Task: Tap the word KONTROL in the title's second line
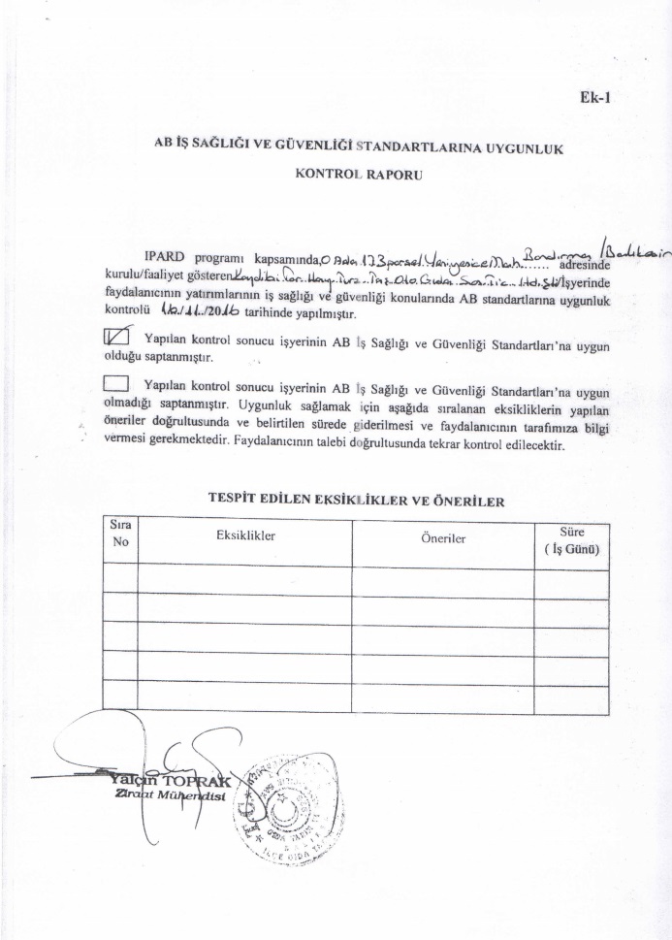pos(324,178)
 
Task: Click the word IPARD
pos(165,258)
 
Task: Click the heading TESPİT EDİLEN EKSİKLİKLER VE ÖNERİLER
pos(355,500)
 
